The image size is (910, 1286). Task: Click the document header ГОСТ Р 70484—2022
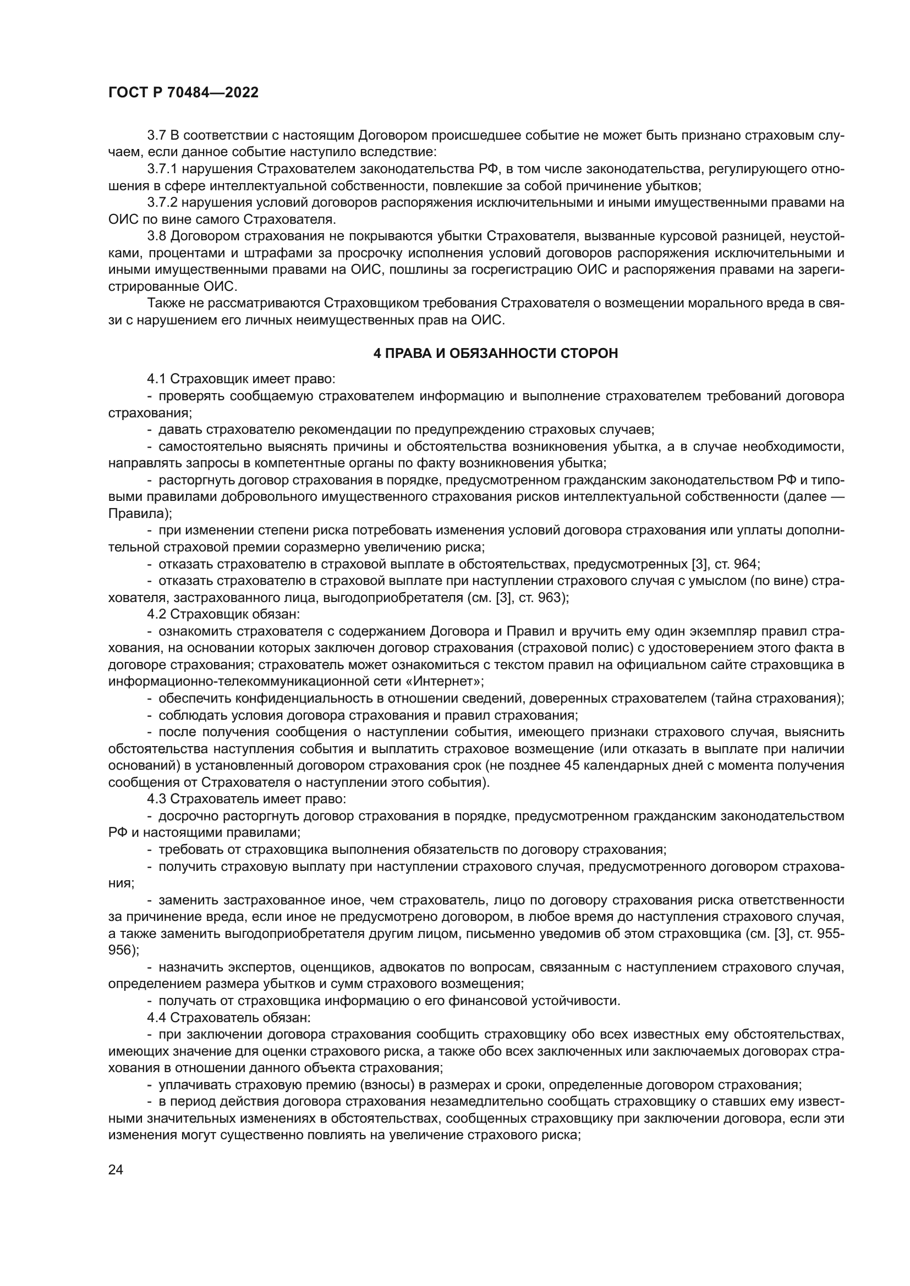click(x=183, y=93)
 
